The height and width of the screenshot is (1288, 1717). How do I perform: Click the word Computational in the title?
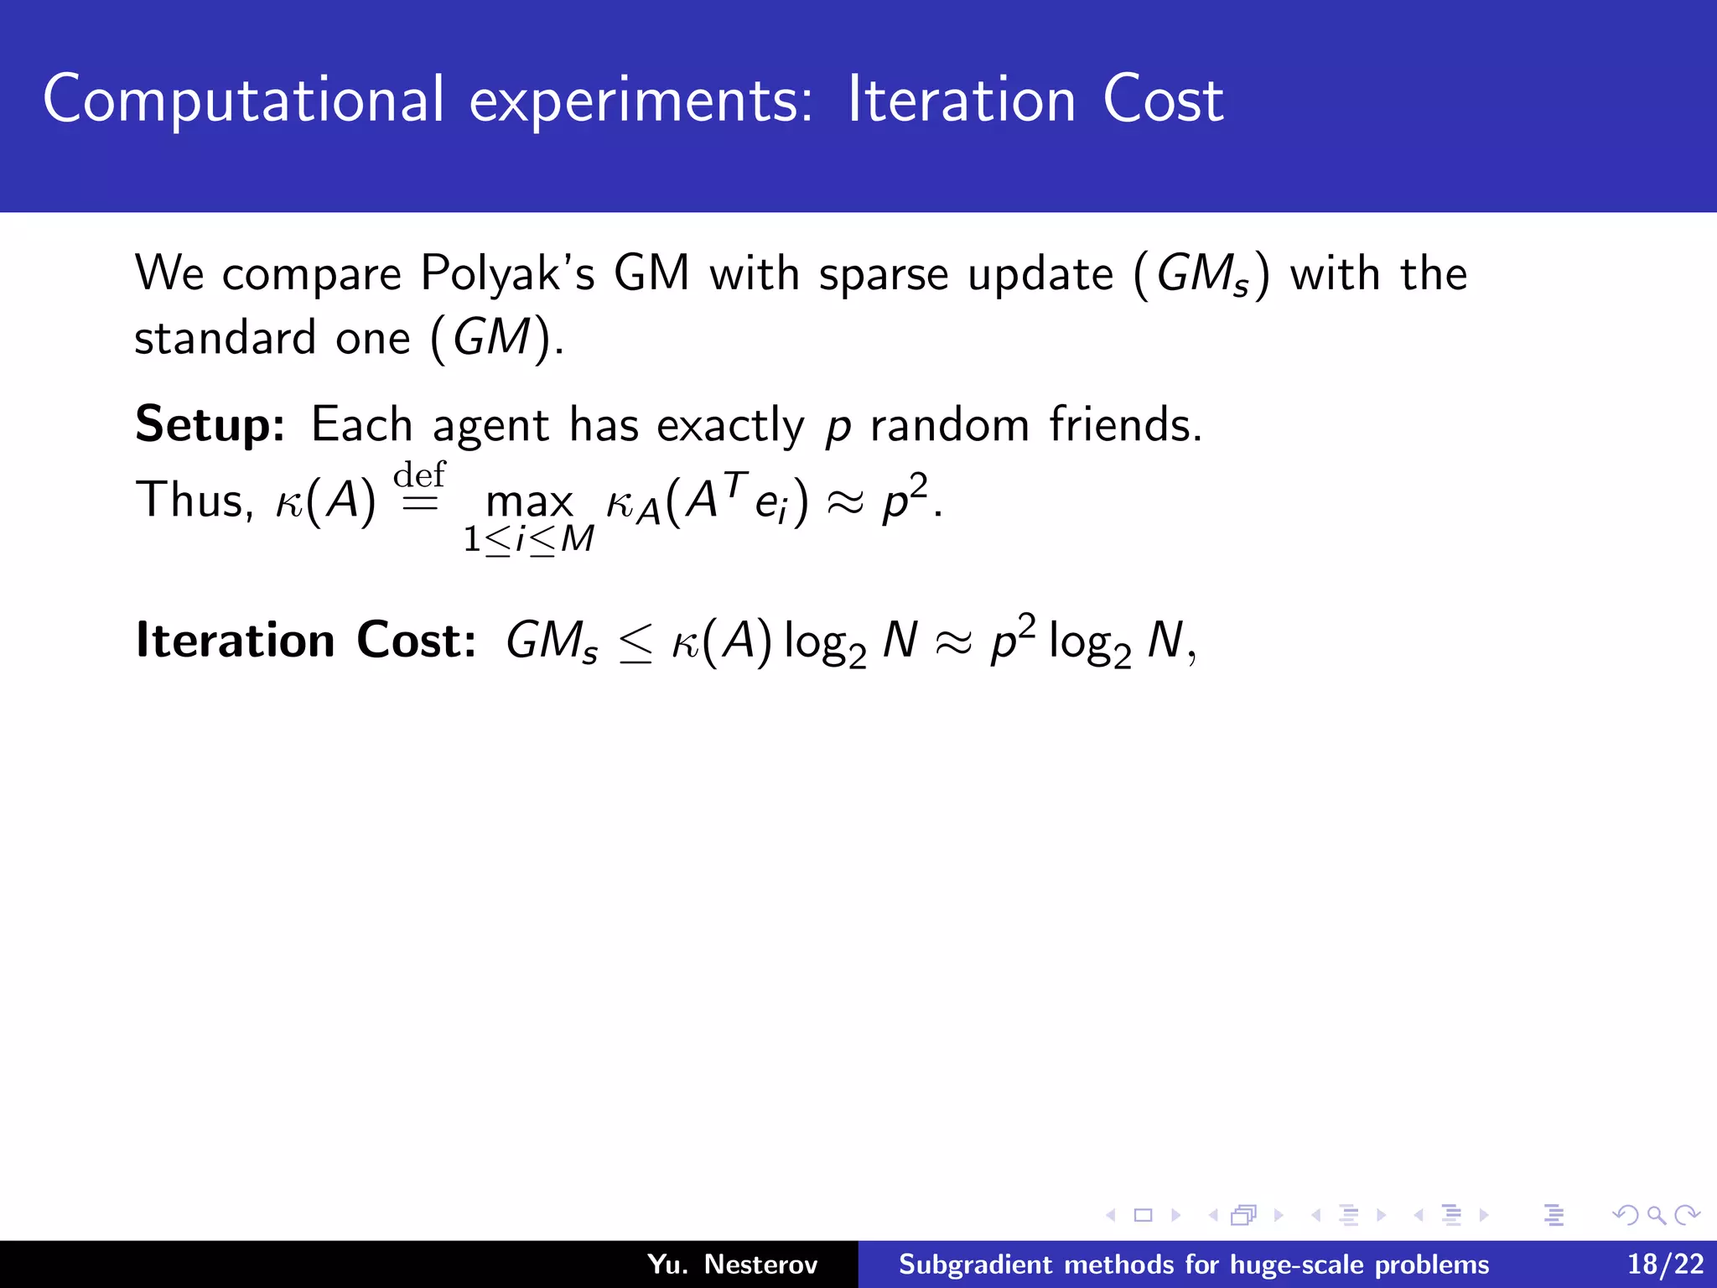243,101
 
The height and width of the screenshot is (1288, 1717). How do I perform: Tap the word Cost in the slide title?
1163,101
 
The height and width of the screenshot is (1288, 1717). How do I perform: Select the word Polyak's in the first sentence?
507,274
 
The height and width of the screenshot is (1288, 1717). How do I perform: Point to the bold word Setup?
210,426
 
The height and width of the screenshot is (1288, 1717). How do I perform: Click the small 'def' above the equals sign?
419,475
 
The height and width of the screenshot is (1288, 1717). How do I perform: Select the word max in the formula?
529,502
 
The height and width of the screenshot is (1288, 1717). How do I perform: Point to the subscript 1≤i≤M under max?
529,539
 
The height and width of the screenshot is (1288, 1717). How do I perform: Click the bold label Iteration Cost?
306,641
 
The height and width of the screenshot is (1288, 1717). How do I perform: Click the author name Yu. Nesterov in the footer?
732,1264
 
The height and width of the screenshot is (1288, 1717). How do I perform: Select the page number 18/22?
1665,1264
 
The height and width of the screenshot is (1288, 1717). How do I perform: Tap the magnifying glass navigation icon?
1656,1214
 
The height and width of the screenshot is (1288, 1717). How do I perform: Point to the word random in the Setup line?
949,425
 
